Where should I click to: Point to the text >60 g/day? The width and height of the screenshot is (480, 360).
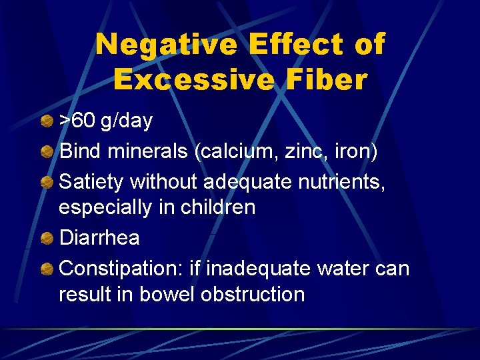click(x=106, y=121)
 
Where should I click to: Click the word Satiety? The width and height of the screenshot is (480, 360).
click(x=92, y=181)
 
